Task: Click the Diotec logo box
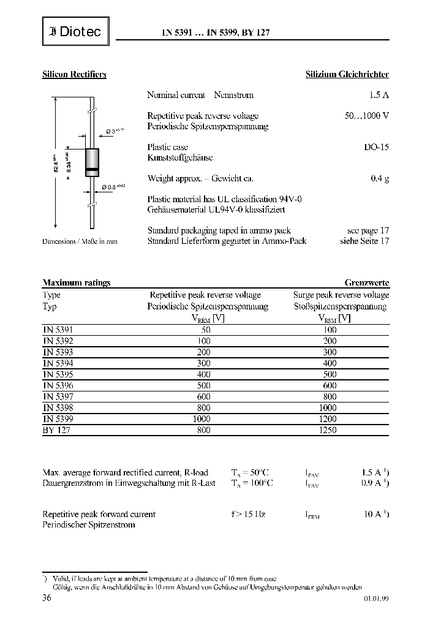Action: tap(75, 32)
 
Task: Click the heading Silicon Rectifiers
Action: tap(74, 74)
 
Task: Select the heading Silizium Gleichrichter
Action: tap(347, 74)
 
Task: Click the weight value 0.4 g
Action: tap(380, 178)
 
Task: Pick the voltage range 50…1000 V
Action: tap(367, 116)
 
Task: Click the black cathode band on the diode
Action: tap(91, 169)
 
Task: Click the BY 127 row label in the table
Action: tap(56, 430)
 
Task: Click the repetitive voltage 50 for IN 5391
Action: tap(205, 329)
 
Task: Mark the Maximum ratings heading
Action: tap(77, 283)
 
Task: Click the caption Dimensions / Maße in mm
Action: tap(80, 241)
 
